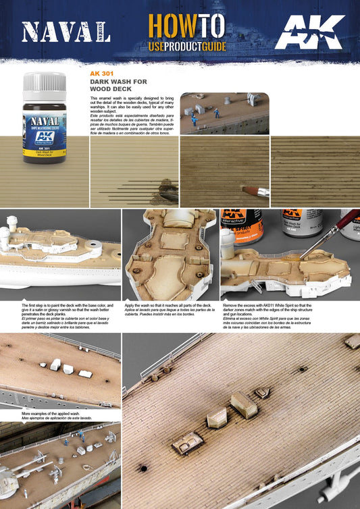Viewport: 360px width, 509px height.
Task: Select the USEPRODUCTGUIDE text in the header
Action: (x=186, y=47)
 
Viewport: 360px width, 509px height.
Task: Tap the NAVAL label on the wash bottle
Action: (x=44, y=122)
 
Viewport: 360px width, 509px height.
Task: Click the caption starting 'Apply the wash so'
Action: (x=170, y=313)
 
